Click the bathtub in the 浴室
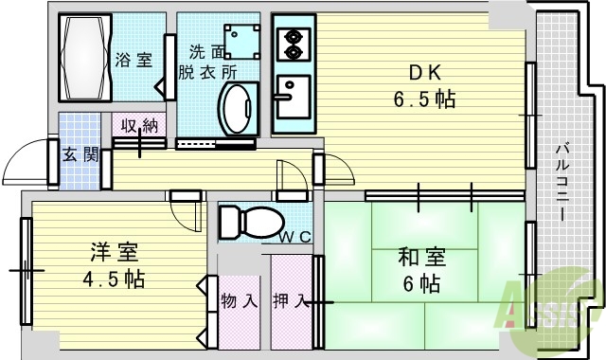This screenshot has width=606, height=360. coord(86,56)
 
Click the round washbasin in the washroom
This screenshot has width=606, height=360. coord(237,106)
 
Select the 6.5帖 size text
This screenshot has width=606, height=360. coord(423,98)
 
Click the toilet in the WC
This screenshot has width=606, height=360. coord(245,223)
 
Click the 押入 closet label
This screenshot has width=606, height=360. coord(290,302)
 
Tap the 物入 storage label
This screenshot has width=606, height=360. coord(239,302)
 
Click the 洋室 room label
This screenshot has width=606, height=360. coord(115,253)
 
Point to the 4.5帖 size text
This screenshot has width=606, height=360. coord(114,280)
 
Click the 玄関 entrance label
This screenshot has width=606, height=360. coord(80,154)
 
